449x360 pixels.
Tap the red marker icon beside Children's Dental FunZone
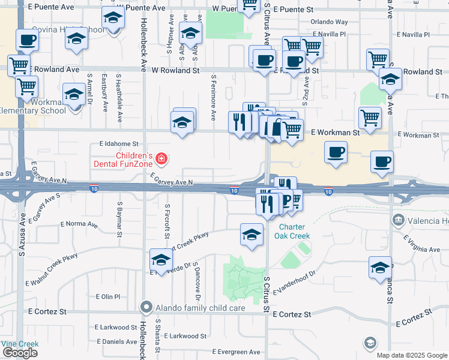click(x=161, y=159)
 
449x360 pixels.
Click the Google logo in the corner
click(x=20, y=353)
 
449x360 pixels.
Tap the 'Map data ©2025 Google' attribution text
click(x=412, y=355)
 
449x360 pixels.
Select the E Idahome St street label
click(x=119, y=144)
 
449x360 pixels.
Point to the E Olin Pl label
click(x=109, y=296)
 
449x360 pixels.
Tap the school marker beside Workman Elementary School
click(x=74, y=95)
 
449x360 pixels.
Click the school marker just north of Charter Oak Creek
click(x=252, y=235)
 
